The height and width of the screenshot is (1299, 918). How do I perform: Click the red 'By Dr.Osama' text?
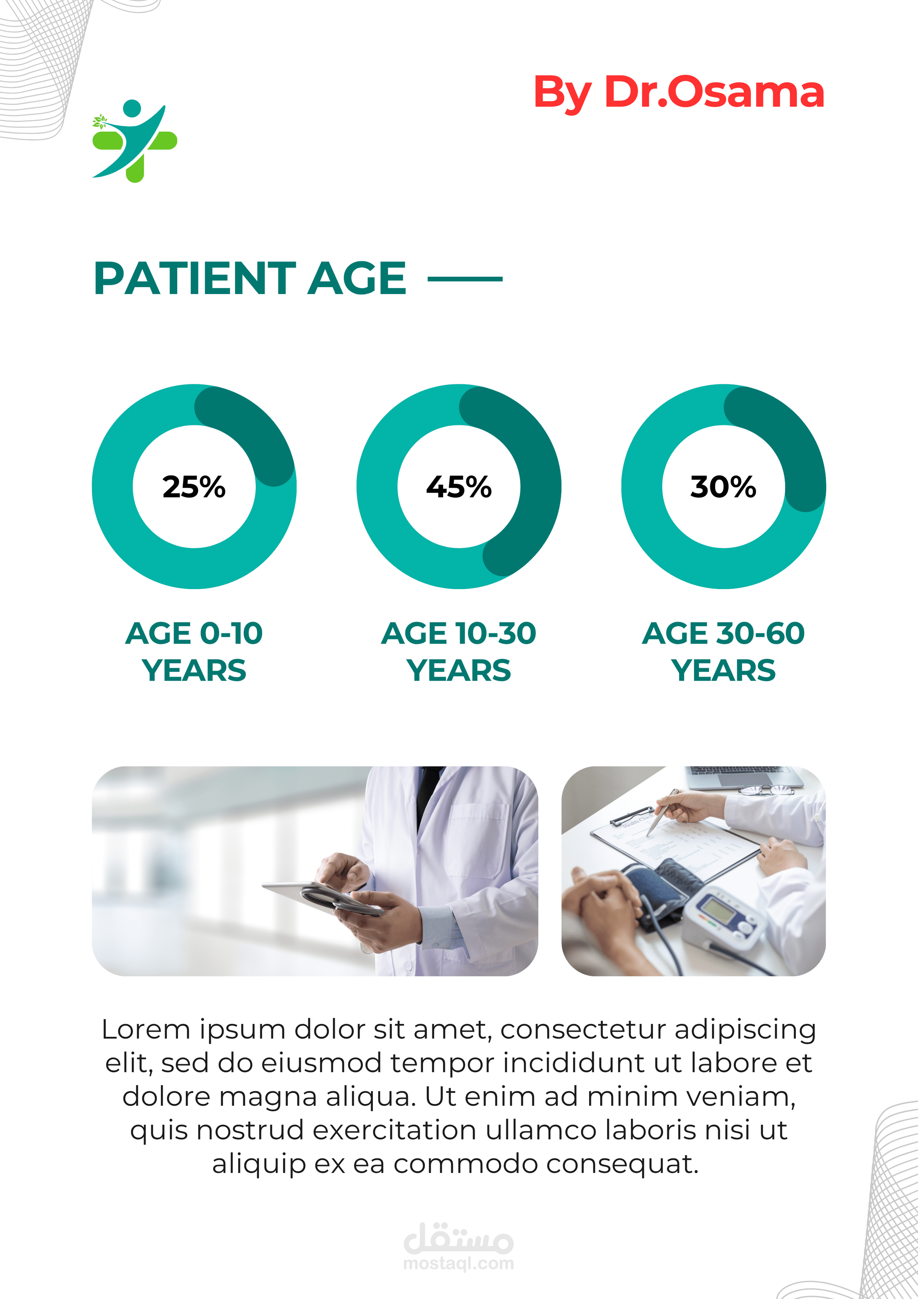tap(679, 92)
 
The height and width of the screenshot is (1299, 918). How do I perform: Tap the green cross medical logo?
tap(135, 141)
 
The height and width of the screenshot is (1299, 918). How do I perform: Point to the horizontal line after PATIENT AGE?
tap(465, 279)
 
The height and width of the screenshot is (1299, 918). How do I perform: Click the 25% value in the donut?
tap(194, 487)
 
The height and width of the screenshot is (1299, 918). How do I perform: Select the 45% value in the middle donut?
tap(459, 487)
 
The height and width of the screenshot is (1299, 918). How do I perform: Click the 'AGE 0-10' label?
tap(194, 633)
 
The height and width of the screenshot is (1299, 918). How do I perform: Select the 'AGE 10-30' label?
tap(459, 633)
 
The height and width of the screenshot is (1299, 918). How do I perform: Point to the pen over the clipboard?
tap(663, 812)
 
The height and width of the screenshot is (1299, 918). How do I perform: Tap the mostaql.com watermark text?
tap(459, 1263)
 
